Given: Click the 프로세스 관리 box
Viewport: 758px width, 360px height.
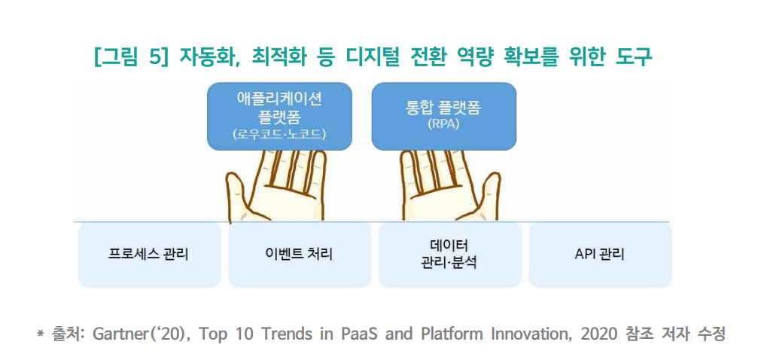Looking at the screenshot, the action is [x=149, y=255].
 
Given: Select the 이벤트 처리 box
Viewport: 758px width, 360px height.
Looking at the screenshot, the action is [x=300, y=255].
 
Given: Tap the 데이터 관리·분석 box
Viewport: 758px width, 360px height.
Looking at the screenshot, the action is [x=450, y=255].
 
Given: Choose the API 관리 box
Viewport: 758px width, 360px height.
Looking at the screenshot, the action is [x=601, y=255].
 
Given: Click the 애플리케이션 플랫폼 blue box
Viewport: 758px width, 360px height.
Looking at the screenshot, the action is [x=279, y=116].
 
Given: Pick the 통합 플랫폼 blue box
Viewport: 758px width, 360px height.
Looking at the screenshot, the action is [x=444, y=116].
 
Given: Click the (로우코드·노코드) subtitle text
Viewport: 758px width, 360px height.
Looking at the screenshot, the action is [x=279, y=134].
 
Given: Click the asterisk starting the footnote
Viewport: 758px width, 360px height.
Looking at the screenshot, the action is [x=41, y=334].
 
